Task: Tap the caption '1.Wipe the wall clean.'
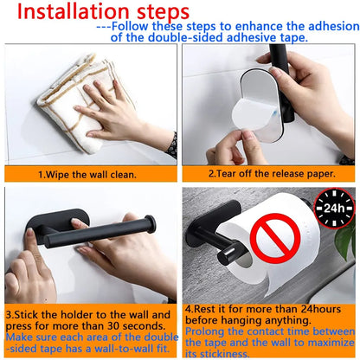click(88, 173)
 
